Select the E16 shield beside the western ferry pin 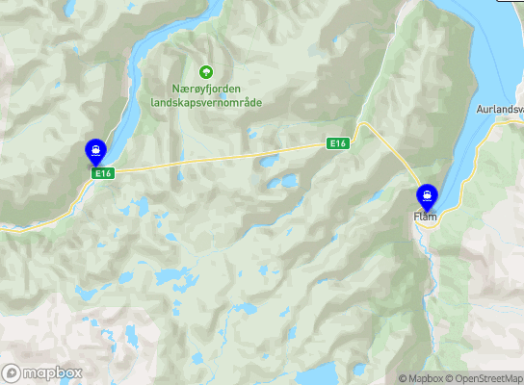coord(104,173)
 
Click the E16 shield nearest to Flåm coord(336,143)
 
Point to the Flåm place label coord(426,218)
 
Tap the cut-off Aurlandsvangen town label coord(499,110)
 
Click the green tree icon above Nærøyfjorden coord(204,71)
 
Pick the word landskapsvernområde coord(206,102)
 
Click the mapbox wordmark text coord(52,372)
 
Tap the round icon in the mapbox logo coord(12,372)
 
